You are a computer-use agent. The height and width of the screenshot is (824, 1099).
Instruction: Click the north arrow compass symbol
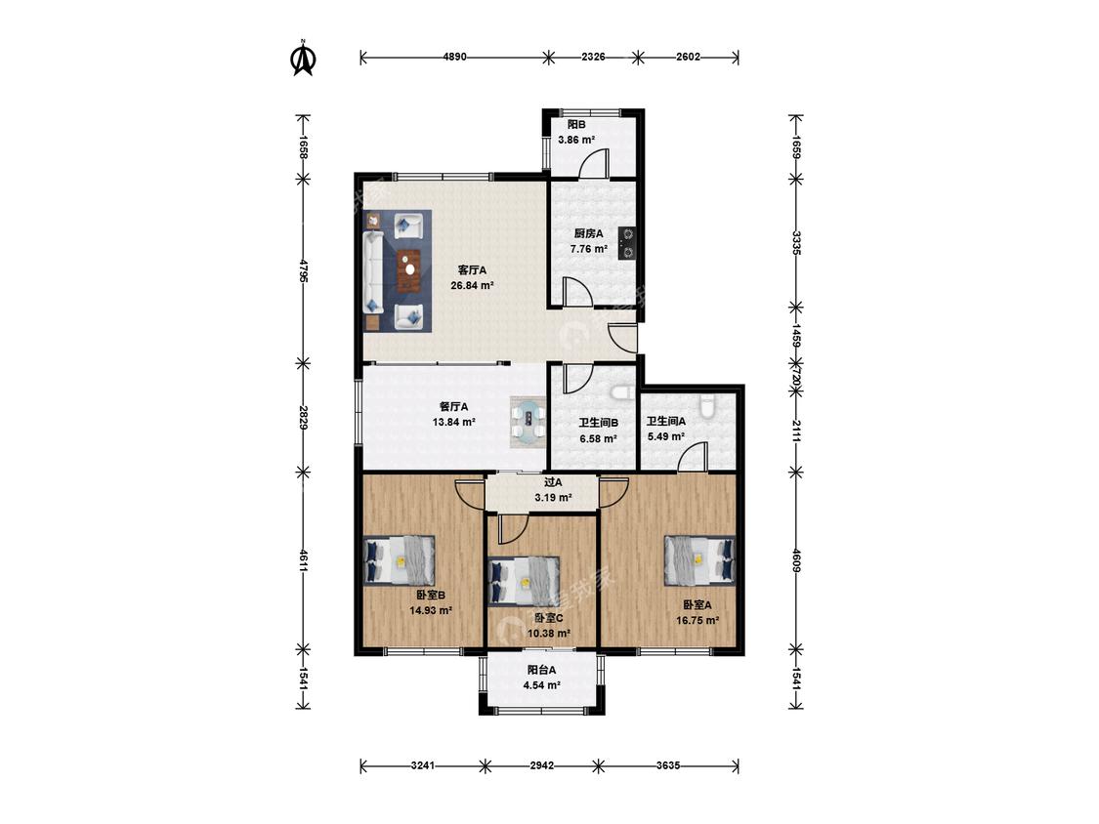tap(303, 58)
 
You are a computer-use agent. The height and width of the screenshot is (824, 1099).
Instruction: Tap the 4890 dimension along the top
tap(455, 58)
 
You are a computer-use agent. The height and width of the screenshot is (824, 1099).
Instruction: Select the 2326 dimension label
tap(593, 58)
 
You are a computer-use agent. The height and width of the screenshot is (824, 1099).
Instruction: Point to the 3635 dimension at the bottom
tap(668, 765)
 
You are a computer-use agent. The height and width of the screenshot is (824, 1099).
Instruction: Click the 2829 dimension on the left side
tap(303, 417)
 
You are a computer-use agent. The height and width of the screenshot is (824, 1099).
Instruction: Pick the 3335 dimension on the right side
tap(796, 242)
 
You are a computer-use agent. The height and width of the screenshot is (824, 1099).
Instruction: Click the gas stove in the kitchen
tap(627, 242)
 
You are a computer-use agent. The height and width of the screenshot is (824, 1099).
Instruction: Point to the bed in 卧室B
tap(400, 560)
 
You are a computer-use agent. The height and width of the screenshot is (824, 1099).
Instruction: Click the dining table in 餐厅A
tap(528, 422)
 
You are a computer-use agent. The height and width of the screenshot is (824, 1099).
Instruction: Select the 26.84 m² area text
tap(473, 285)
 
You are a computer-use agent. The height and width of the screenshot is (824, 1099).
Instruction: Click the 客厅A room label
tap(472, 269)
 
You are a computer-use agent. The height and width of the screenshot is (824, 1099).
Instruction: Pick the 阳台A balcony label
tap(542, 670)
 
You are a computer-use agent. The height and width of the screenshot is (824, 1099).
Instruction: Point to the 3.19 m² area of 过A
tap(553, 498)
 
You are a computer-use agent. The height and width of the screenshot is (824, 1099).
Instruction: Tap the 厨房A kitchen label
tap(588, 233)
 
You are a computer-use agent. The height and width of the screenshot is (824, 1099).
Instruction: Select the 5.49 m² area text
tap(666, 435)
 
